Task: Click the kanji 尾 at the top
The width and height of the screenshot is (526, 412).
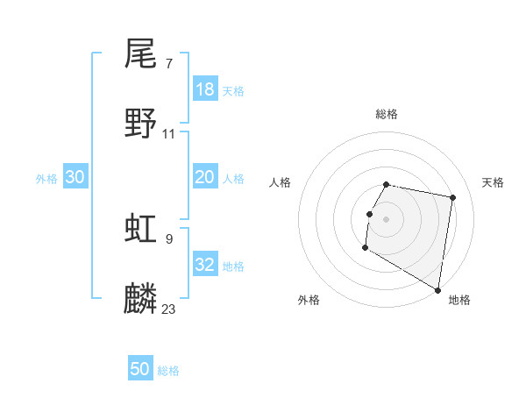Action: tap(140, 54)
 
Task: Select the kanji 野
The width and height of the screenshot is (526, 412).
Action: tap(140, 124)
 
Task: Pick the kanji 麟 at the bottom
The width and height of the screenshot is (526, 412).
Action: tap(140, 299)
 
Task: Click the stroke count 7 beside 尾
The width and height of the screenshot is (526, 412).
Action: tap(168, 63)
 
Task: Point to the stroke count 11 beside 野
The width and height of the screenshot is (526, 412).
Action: tap(169, 133)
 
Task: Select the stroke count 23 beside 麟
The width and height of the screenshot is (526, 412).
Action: tap(169, 309)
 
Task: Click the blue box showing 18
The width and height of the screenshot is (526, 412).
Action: tap(205, 89)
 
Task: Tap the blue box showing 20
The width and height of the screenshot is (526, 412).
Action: tap(205, 177)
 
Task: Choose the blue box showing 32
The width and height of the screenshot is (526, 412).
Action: tap(205, 265)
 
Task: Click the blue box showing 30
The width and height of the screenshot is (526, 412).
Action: tap(75, 177)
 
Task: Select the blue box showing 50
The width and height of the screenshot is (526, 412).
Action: tap(140, 369)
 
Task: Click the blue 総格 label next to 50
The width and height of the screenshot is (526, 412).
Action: tap(168, 371)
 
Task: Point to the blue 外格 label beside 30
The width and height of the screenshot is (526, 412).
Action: tap(46, 179)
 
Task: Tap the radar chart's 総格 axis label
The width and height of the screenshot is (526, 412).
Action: tap(387, 114)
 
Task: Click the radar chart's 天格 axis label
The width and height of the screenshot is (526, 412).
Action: tap(493, 182)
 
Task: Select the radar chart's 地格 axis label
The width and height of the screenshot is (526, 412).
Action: tap(459, 300)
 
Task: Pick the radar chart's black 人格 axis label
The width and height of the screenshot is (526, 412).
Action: tap(280, 182)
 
